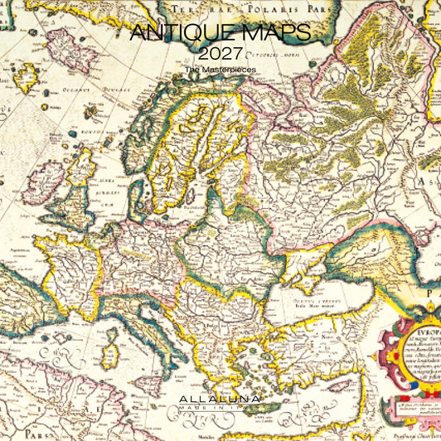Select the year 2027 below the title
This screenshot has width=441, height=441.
coord(220,55)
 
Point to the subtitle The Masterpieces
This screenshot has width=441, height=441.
coord(220,70)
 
